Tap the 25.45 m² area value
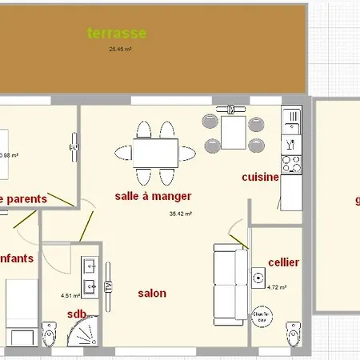point(120,49)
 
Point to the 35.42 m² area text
point(183,214)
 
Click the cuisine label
point(260,177)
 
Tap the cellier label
point(284,261)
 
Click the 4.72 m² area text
point(277,287)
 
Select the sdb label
point(77,314)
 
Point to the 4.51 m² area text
point(71,295)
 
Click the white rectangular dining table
point(155,152)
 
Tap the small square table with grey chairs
point(233,131)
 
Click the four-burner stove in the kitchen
point(292,164)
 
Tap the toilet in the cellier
point(293,333)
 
